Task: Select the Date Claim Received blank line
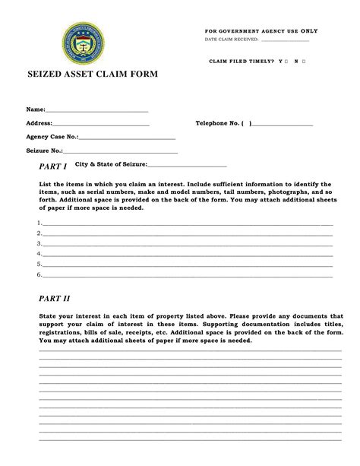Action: (x=285, y=40)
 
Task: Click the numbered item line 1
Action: (x=187, y=225)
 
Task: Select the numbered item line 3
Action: (x=187, y=245)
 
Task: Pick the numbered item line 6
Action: (x=187, y=275)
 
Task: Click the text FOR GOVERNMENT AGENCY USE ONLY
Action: (x=261, y=30)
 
